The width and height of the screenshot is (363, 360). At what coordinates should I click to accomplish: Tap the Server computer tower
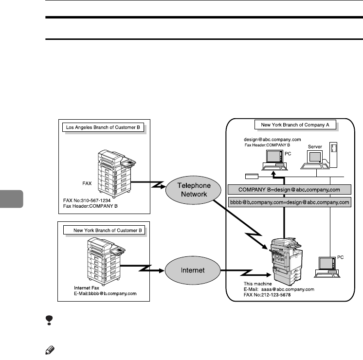pos(333,153)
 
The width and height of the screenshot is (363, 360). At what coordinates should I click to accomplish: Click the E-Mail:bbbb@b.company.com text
pos(102,294)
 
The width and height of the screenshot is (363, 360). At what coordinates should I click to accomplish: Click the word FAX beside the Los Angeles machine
pos(86,184)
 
